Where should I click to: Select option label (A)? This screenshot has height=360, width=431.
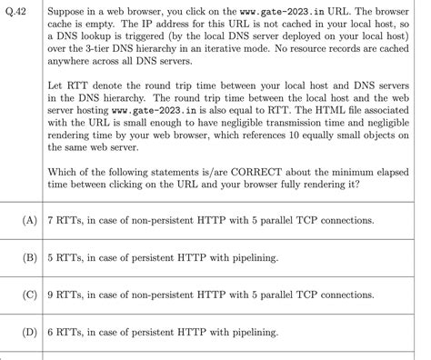(20, 220)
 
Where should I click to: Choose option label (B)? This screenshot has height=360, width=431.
(20, 257)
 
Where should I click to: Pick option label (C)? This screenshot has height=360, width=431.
(20, 295)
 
